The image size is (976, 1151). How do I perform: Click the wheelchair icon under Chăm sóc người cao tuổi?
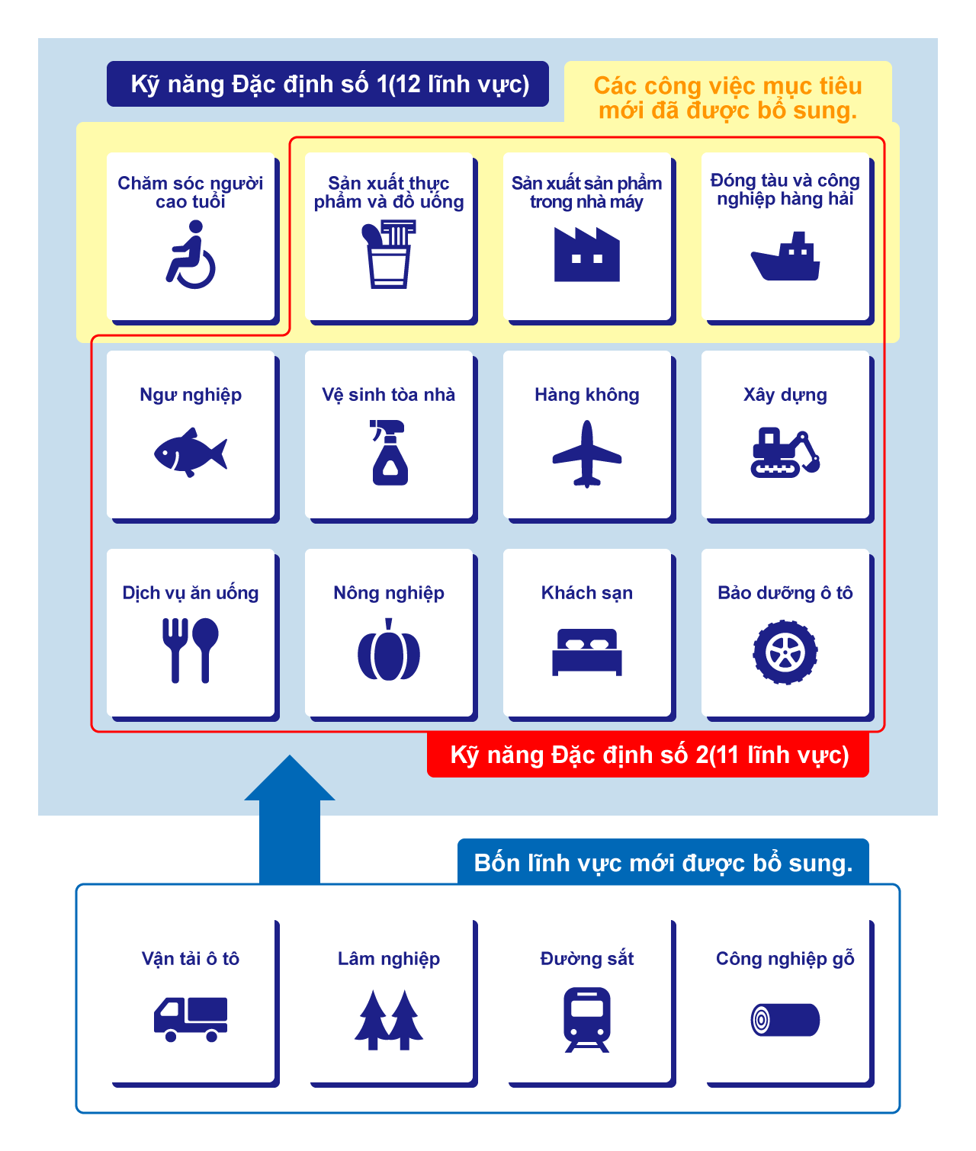191,255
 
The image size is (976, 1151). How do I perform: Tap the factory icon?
586,255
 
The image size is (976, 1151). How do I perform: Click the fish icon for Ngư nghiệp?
191,453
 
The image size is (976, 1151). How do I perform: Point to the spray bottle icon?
389,453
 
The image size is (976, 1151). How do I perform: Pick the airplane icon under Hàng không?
586,454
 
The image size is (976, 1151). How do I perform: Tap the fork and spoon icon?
191,650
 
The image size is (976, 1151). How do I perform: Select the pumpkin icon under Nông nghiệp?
389,651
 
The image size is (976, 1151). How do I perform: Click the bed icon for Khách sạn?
586,652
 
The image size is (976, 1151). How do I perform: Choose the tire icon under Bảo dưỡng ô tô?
785,652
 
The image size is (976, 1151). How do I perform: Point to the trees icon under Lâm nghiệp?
389,1020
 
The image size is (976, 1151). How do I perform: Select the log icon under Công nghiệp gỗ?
785,1020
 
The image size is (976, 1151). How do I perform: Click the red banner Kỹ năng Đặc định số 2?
648,755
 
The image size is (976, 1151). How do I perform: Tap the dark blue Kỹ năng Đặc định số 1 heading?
328,84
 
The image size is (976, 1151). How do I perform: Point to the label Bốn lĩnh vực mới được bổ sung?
663,863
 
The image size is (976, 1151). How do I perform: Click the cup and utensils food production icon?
390,255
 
